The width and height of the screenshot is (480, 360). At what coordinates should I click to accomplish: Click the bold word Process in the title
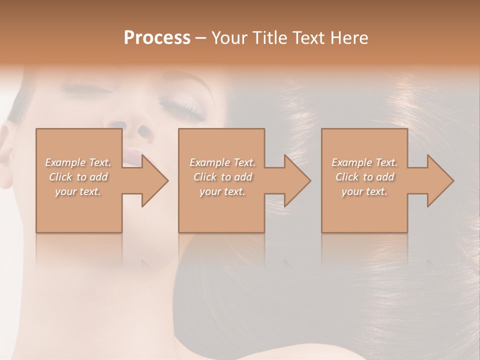click(x=157, y=38)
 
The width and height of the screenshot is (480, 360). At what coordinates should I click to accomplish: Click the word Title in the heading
click(x=269, y=38)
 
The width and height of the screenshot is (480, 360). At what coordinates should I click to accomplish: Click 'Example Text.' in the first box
click(x=78, y=162)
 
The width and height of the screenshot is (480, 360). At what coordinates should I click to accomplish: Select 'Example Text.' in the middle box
click(x=222, y=162)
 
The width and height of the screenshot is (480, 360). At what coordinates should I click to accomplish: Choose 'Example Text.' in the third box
click(x=364, y=162)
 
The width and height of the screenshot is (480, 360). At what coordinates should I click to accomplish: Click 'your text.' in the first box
click(x=78, y=191)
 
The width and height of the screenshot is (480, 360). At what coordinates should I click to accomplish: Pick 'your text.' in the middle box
click(x=222, y=191)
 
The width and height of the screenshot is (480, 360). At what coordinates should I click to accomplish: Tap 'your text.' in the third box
click(x=364, y=191)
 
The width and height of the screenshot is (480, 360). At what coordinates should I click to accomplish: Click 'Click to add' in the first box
click(x=78, y=177)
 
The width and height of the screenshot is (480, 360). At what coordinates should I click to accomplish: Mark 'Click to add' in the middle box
click(x=222, y=177)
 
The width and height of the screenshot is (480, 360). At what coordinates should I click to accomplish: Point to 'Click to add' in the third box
click(x=364, y=177)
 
